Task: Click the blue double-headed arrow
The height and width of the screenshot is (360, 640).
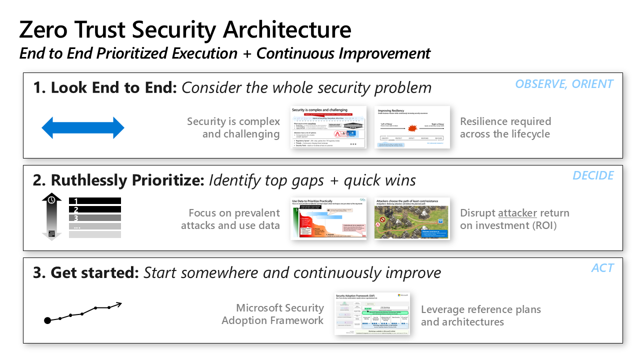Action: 82,128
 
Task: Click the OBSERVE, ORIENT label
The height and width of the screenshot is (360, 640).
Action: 564,84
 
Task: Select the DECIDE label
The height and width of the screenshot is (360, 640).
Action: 593,175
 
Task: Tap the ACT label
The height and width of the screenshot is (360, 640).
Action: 602,268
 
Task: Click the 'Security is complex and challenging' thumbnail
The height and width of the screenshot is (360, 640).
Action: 328,127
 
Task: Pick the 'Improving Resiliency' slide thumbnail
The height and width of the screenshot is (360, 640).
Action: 412,127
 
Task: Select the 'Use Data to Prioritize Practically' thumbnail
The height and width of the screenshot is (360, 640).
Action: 328,218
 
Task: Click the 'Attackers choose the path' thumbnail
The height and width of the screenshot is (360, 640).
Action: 412,218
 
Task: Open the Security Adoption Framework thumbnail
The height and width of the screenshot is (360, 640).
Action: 372,313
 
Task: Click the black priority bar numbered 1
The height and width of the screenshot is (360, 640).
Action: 94,201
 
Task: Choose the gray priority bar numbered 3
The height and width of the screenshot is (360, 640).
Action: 94,218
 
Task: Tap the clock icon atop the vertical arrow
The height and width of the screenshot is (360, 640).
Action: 51,200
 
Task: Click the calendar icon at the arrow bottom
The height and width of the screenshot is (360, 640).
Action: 51,233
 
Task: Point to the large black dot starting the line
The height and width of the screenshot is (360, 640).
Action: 47,320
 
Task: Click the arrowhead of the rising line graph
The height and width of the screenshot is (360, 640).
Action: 118,303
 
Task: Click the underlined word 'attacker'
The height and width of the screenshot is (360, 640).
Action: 517,213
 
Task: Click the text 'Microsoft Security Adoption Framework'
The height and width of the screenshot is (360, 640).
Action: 273,314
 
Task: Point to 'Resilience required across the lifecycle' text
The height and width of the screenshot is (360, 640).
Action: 505,127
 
